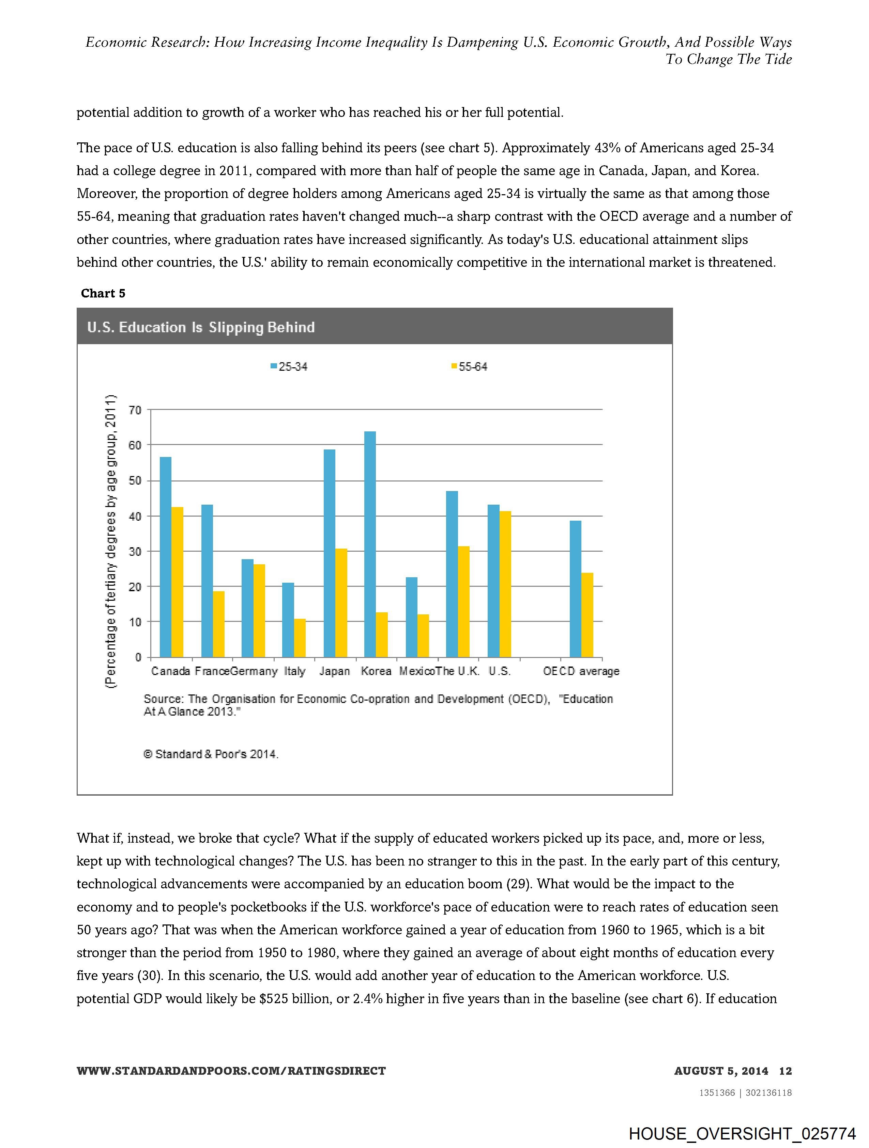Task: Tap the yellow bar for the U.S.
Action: (505, 584)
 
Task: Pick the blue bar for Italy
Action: (288, 620)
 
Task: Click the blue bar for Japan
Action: (329, 553)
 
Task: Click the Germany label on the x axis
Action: (254, 671)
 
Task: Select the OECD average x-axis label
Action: (581, 671)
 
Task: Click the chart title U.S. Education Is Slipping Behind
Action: (201, 327)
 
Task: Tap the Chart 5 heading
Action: (103, 293)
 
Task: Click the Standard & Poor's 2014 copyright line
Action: (211, 754)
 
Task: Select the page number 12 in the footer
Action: (786, 1071)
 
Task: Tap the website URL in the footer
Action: (231, 1071)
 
